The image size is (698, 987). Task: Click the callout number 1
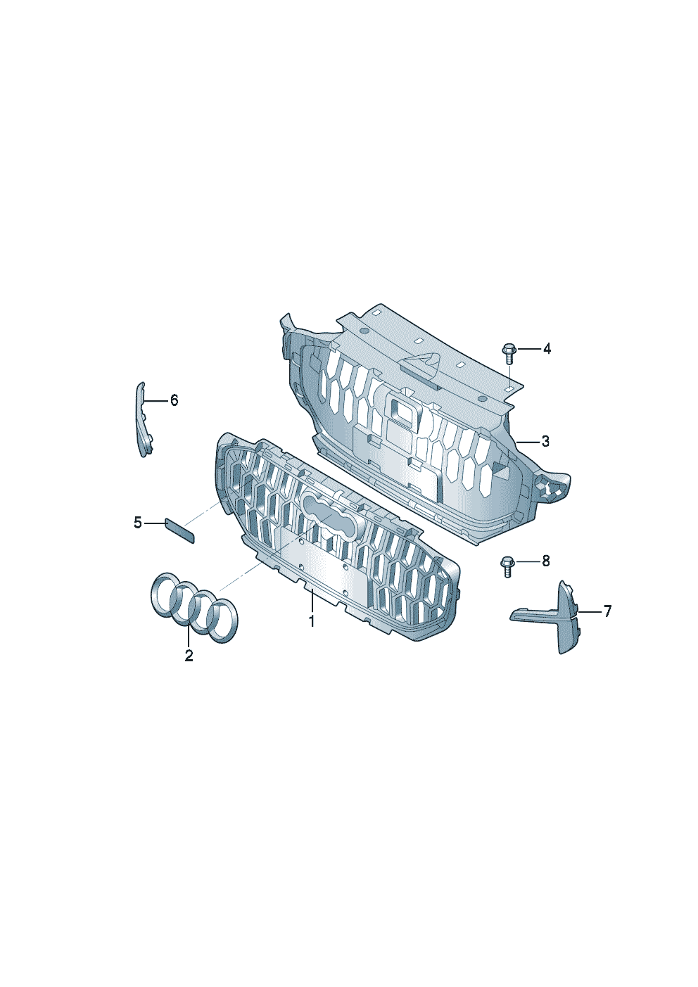point(312,621)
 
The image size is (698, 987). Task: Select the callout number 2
point(189,656)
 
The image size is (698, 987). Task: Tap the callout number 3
point(545,441)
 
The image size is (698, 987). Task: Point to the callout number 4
point(547,349)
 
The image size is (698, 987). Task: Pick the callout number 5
point(138,523)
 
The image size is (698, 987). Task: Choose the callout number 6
point(174,400)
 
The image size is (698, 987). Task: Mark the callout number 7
point(607,611)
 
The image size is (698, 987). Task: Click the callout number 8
point(546,561)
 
